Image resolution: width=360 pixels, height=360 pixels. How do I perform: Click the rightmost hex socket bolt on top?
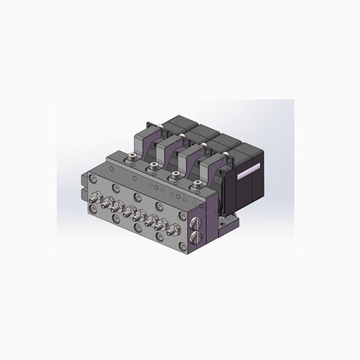click(197, 184)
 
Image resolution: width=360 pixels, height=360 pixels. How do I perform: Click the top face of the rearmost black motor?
click(176, 121)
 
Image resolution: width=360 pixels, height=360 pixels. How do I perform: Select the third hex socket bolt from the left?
click(175, 174)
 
